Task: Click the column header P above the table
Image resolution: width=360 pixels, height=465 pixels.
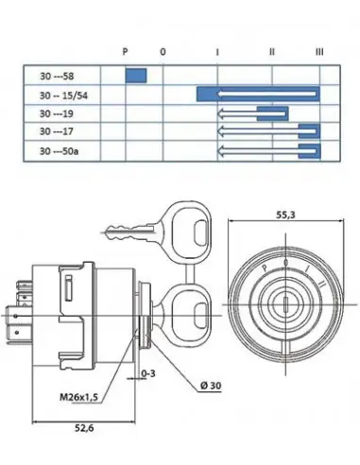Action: pyautogui.click(x=125, y=51)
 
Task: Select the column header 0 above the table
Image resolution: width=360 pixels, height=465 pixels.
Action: pyautogui.click(x=163, y=52)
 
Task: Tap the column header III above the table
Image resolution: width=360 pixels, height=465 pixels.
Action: pyautogui.click(x=319, y=51)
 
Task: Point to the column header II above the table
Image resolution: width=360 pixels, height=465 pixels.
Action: pyautogui.click(x=272, y=51)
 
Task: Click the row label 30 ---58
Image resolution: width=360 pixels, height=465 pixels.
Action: pyautogui.click(x=57, y=77)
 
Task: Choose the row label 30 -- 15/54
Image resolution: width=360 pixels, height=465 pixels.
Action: pyautogui.click(x=63, y=95)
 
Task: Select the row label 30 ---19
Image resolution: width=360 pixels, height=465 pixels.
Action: pyautogui.click(x=57, y=113)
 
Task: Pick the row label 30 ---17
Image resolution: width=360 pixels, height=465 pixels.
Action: pyautogui.click(x=56, y=131)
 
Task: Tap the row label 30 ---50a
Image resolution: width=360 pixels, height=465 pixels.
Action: pyautogui.click(x=59, y=151)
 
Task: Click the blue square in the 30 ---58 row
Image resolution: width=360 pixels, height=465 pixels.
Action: pyautogui.click(x=136, y=76)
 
